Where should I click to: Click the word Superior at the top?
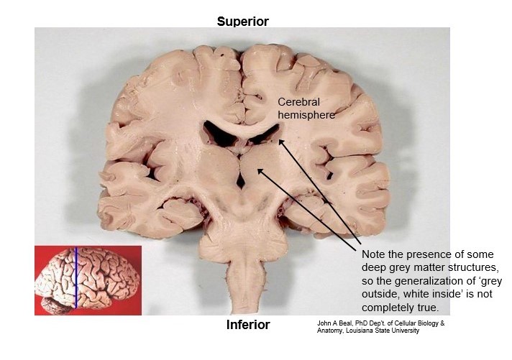pyautogui.click(x=242, y=22)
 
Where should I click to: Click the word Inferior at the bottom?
pyautogui.click(x=248, y=325)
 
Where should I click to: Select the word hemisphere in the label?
pyautogui.click(x=306, y=114)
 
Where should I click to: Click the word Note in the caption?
pyautogui.click(x=375, y=254)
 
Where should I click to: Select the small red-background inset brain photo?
pyautogui.click(x=88, y=280)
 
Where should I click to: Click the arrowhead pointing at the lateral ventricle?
pyautogui.click(x=281, y=141)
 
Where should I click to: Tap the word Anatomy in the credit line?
pyautogui.click(x=332, y=331)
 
